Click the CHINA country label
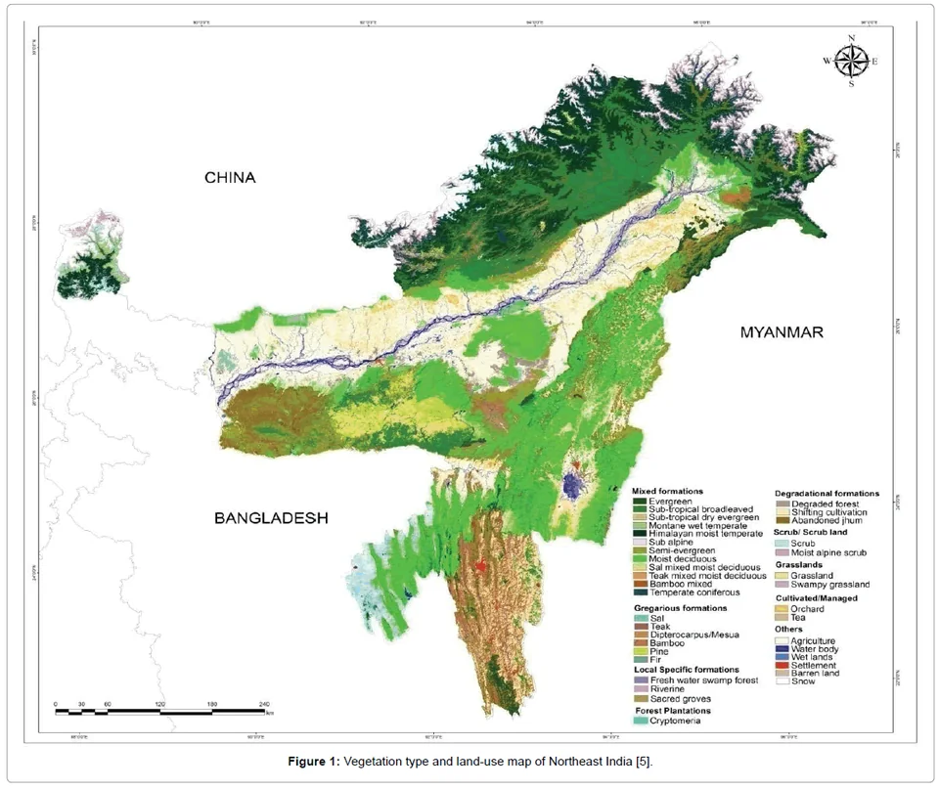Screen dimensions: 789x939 click(x=230, y=178)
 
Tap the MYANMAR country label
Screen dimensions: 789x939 click(x=782, y=332)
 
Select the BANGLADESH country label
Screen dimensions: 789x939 click(x=271, y=518)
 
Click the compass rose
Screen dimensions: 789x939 click(x=852, y=62)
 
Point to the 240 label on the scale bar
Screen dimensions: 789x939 click(x=263, y=703)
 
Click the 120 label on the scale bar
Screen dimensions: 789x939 click(x=160, y=703)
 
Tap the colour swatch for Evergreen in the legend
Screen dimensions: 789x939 click(x=640, y=501)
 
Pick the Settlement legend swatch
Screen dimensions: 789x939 click(x=782, y=665)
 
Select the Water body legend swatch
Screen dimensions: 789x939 click(x=782, y=648)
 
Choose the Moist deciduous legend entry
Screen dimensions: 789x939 click(x=680, y=558)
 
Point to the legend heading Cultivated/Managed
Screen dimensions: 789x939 click(x=817, y=597)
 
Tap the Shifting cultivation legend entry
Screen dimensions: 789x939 click(x=826, y=512)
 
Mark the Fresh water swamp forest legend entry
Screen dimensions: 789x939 click(x=697, y=679)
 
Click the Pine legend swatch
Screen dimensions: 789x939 click(x=640, y=651)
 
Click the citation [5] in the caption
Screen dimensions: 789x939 click(x=644, y=761)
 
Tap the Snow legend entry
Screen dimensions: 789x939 click(x=801, y=681)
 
